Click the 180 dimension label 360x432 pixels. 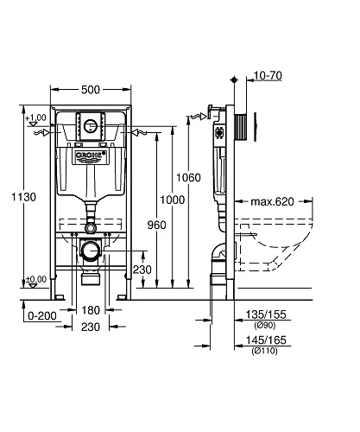point(91,309)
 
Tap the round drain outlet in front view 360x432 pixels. point(91,251)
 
